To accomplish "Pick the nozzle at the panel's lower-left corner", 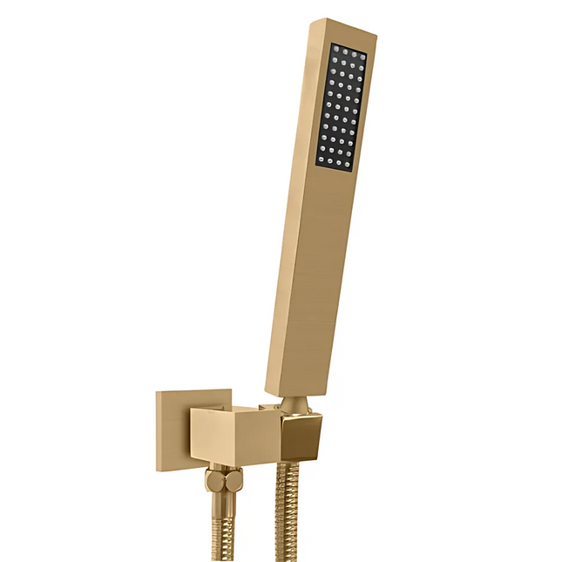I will [320, 159].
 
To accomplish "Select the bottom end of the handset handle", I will [296, 392].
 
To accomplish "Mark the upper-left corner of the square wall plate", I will [159, 393].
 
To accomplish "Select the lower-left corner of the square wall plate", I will [159, 471].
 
